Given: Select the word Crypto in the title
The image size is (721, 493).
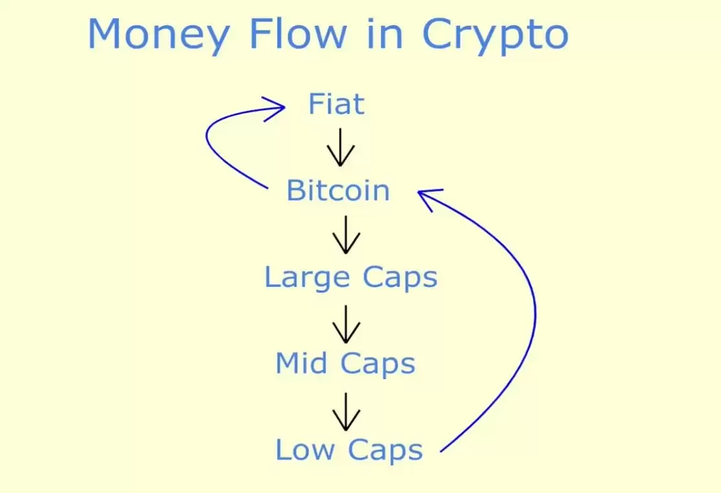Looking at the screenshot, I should (495, 35).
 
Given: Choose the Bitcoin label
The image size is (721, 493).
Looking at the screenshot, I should (338, 191).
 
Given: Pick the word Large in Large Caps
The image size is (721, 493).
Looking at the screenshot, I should (307, 278).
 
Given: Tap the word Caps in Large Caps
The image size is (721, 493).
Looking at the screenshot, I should (400, 278).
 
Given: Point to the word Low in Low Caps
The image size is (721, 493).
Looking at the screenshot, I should (303, 450).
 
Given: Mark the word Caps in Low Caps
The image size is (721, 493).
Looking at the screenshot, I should (386, 450).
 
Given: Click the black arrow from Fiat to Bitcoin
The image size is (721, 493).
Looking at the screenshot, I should (341, 148).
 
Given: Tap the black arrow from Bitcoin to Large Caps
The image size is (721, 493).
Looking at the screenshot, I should (346, 235).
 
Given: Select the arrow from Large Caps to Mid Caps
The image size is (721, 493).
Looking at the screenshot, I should (346, 324).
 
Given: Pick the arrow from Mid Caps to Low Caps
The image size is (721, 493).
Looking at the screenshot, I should (346, 411).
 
